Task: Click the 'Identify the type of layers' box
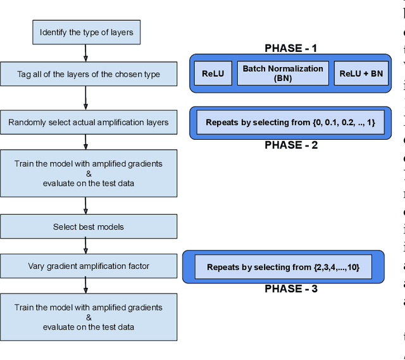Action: tap(86, 32)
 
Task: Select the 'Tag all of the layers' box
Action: tap(89, 74)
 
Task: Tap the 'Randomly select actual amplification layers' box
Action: tap(89, 122)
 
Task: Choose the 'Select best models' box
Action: tap(89, 227)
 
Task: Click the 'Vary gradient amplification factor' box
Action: tap(89, 266)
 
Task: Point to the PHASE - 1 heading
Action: tap(290, 48)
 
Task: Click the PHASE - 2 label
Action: tap(290, 145)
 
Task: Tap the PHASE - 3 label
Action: tap(290, 289)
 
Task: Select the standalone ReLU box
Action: tap(213, 73)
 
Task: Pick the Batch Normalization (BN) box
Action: tap(283, 73)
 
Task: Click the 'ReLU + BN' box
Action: tap(361, 73)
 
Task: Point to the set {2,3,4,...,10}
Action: tap(336, 267)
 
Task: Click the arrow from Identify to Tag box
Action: tap(86, 53)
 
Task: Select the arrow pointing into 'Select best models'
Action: tap(86, 206)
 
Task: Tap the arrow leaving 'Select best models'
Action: tap(86, 246)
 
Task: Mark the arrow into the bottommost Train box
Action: tap(86, 285)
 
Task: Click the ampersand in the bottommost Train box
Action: tap(89, 317)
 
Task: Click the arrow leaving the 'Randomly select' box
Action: tap(86, 141)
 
